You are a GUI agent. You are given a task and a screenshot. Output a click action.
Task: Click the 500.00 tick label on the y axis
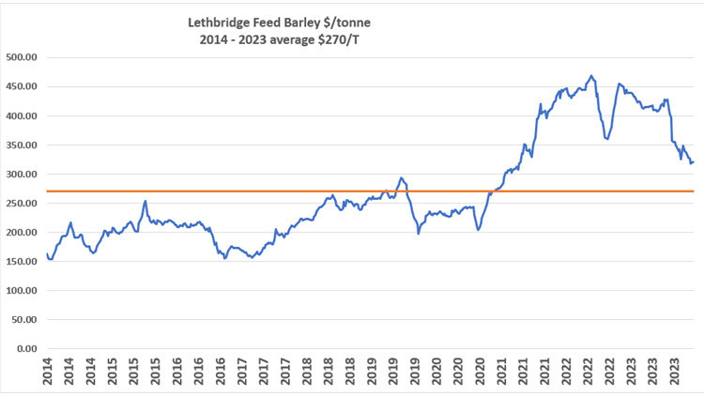[20, 57]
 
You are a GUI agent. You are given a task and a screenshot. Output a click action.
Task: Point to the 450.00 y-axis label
[20, 86]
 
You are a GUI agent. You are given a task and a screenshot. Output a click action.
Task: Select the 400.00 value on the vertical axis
[20, 115]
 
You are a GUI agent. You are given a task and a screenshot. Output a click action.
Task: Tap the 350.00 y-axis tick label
[20, 145]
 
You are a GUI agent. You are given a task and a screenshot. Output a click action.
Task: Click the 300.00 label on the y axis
[20, 174]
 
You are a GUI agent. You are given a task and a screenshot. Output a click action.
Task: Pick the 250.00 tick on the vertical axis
[20, 203]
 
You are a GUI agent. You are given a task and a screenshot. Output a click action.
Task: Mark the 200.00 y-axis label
[20, 232]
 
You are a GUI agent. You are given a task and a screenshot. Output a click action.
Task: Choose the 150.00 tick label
[20, 261]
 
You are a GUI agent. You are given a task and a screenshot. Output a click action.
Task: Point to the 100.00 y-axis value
[20, 290]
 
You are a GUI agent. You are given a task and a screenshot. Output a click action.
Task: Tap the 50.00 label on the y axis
[23, 319]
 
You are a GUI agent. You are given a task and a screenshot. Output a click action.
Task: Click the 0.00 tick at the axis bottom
[25, 348]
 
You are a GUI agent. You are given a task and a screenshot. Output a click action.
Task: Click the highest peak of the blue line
[590, 76]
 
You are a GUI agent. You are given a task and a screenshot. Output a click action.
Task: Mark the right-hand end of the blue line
[694, 162]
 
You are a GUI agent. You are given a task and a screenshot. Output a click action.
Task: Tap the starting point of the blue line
[47, 253]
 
